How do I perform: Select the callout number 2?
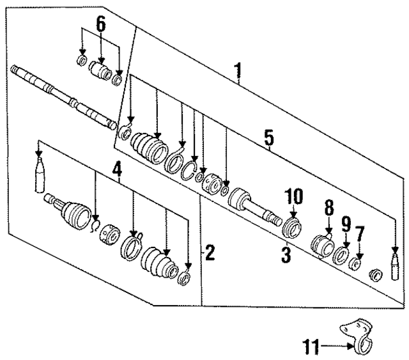210,253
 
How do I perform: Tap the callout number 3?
286,256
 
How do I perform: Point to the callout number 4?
117,170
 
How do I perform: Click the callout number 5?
269,136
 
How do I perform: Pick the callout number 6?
100,24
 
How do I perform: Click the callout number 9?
346,224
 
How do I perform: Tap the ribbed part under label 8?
323,246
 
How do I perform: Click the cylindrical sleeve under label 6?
100,70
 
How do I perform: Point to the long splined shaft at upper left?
64,96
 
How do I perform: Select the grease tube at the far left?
40,176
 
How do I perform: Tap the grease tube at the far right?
394,266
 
